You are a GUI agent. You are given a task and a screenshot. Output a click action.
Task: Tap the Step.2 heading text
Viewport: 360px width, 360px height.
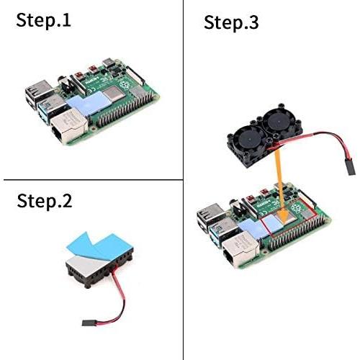tap(45, 201)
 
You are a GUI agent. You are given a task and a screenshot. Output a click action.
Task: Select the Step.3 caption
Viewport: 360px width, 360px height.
tap(231, 22)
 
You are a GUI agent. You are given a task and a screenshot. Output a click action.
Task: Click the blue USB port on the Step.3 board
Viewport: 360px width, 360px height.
tap(217, 238)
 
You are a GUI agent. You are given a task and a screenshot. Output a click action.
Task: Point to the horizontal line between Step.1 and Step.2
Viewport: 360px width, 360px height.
tap(90, 179)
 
